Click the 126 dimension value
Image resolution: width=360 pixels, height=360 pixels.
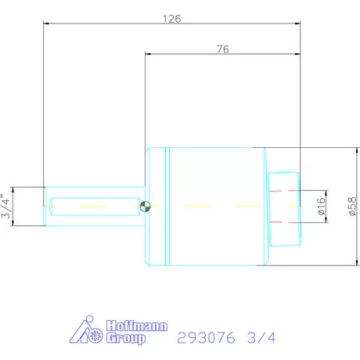pos(170,18)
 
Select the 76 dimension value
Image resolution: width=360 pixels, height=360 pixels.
pos(222,49)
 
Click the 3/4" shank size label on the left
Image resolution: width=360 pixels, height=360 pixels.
pos(7,206)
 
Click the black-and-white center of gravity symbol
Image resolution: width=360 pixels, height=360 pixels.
pos(145,207)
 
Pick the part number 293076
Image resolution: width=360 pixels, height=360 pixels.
pos(205,338)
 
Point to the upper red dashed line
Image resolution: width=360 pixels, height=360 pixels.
pos(283,192)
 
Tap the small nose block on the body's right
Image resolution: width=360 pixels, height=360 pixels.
pos(283,207)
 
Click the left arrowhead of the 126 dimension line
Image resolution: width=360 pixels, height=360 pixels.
pos(46,24)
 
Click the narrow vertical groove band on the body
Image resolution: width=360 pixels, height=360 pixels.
pos(166,207)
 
